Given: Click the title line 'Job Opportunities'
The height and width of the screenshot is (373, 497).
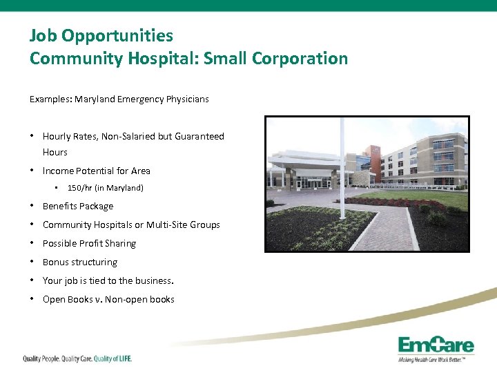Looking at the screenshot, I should tap(101, 35).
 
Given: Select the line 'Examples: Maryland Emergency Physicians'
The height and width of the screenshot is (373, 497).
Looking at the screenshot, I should tap(119, 99).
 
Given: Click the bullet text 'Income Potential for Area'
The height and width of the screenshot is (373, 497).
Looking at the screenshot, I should tap(96, 171).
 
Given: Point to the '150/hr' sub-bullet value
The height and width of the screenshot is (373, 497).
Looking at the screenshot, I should tap(80, 188).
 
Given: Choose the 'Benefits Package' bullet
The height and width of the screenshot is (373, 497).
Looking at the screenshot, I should tap(77, 206).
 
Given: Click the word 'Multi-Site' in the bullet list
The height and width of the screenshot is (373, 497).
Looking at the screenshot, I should tap(169, 224).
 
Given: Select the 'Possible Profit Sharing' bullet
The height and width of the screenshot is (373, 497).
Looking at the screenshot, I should tap(89, 243).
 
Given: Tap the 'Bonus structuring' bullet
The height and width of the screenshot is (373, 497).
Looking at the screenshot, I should tap(79, 262).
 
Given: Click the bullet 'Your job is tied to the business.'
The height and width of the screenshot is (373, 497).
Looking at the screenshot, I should tap(108, 280).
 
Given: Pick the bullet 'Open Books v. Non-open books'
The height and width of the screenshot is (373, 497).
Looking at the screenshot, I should tap(108, 299).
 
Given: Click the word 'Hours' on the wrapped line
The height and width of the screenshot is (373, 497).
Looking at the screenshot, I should tap(55, 152).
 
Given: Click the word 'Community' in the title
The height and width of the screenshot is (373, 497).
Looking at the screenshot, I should tap(76, 58).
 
